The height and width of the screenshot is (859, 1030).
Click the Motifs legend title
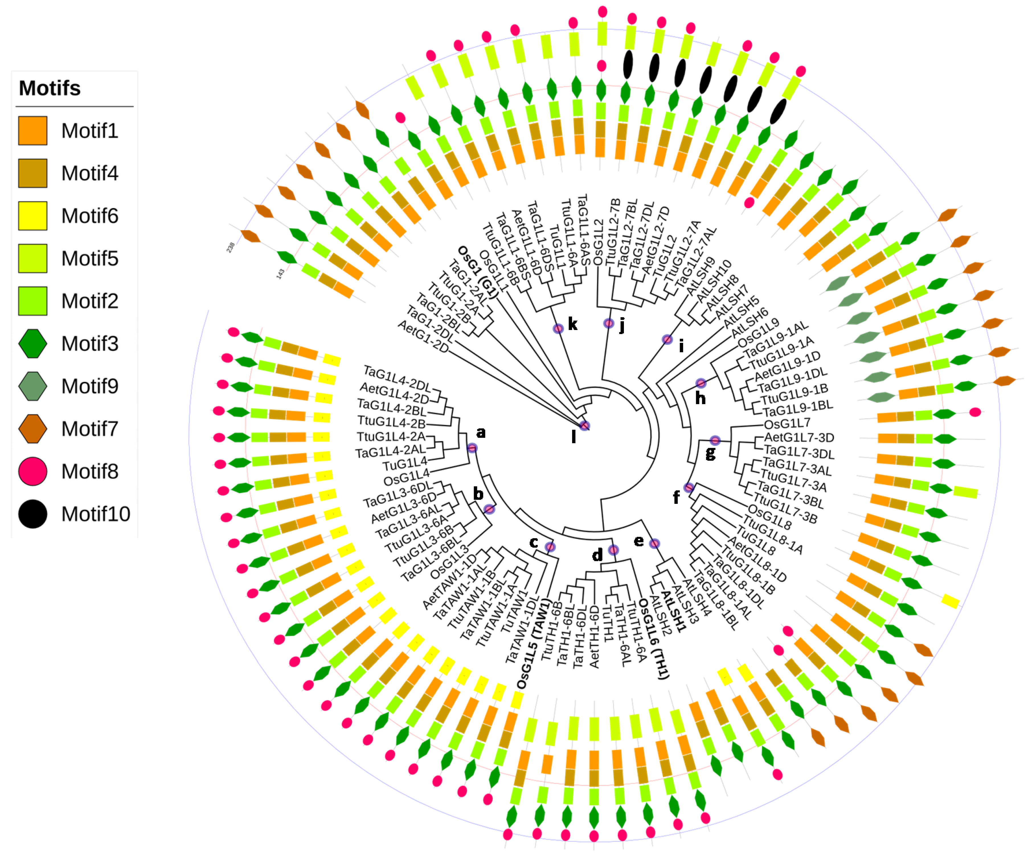[x=50, y=88]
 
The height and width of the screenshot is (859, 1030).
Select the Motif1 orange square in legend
[x=33, y=131]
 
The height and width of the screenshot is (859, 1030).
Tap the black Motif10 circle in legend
[x=33, y=514]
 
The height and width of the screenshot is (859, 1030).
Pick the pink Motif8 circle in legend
[x=33, y=471]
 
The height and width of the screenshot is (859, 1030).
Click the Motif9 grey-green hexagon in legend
[x=33, y=386]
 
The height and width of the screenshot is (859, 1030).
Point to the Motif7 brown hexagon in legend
[x=33, y=429]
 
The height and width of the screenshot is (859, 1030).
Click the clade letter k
[x=572, y=324]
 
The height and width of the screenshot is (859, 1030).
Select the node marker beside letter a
[x=472, y=448]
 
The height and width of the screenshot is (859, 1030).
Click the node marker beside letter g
[x=715, y=440]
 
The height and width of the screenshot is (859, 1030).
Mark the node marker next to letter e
[x=654, y=544]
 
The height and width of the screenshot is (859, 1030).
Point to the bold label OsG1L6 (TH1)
[x=655, y=638]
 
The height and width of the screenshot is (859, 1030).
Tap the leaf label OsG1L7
[x=787, y=423]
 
